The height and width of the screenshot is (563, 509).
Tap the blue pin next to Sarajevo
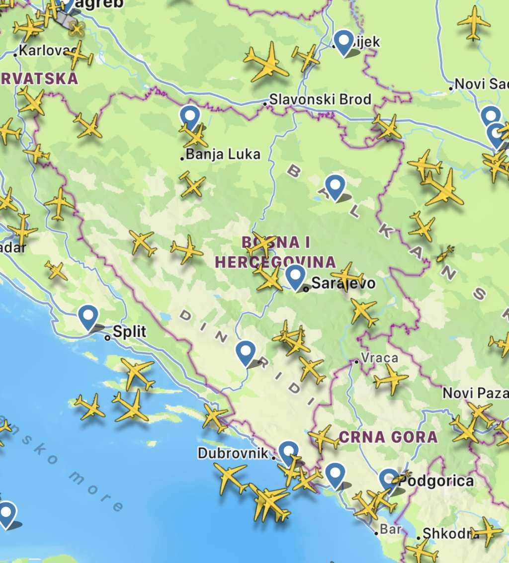coord(296,276)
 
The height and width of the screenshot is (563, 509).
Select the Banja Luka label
coord(223,155)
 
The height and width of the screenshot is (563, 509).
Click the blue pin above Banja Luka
coord(189,117)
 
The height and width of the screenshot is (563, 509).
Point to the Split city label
coord(130,331)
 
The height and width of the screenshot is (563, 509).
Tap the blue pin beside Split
coord(88,317)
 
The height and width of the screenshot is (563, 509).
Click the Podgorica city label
coord(436,481)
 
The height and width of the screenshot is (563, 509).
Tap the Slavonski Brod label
coord(321,99)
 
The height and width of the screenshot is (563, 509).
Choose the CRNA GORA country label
coord(388,437)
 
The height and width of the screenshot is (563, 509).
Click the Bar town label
coord(391,529)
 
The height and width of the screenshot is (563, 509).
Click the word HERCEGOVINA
coord(275,262)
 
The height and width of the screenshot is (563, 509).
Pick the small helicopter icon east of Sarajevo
coord(445,253)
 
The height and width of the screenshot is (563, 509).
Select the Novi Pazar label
coord(475,394)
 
